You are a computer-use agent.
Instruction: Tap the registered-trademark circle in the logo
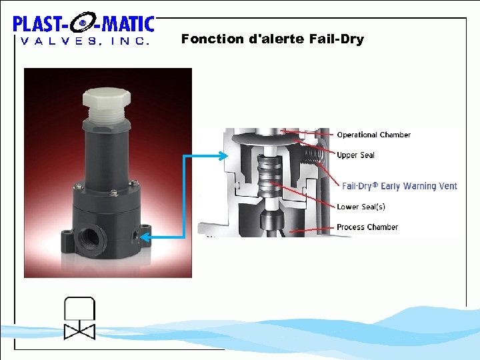click(83, 25)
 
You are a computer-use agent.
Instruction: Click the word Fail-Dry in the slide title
click(337, 39)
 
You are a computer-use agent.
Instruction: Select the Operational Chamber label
click(373, 135)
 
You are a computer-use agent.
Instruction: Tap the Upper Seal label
click(355, 155)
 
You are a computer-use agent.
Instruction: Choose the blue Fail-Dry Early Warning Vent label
click(399, 186)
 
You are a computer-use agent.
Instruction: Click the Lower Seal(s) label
click(361, 207)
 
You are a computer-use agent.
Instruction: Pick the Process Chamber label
click(367, 227)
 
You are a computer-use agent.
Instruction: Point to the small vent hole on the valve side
click(136, 234)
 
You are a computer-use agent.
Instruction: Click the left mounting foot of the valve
click(67, 236)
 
